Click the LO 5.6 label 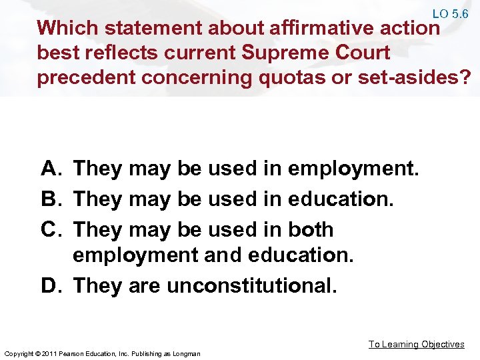pyautogui.click(x=450, y=13)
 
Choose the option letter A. pyautogui.click(x=52, y=169)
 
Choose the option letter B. pyautogui.click(x=52, y=199)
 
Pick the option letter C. pyautogui.click(x=52, y=229)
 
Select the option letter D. pyautogui.click(x=52, y=286)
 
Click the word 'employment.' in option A pyautogui.click(x=353, y=169)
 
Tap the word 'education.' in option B pyautogui.click(x=342, y=199)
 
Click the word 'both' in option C pyautogui.click(x=311, y=229)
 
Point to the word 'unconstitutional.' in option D pyautogui.click(x=252, y=286)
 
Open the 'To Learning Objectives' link pyautogui.click(x=417, y=344)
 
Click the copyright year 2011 pyautogui.click(x=47, y=353)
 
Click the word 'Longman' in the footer pyautogui.click(x=187, y=353)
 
